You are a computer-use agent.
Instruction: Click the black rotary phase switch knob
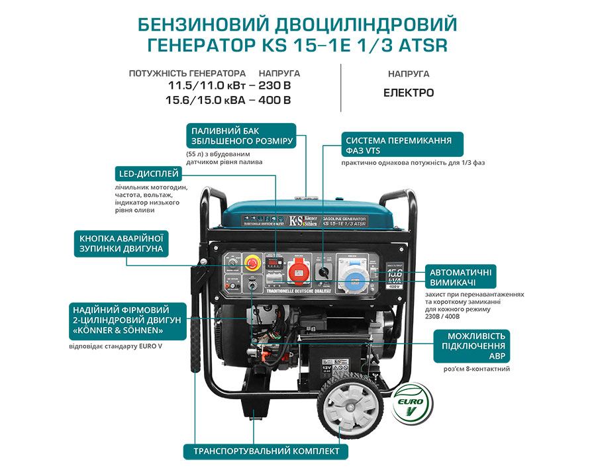323,271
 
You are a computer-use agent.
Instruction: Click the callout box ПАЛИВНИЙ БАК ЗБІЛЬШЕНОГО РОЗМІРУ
240,135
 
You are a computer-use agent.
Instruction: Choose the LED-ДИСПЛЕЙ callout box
146,174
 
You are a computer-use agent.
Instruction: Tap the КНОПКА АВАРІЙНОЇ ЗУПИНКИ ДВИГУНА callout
121,244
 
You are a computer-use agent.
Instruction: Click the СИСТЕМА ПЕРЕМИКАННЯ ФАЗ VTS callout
402,145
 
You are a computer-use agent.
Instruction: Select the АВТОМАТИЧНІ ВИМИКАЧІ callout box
461,276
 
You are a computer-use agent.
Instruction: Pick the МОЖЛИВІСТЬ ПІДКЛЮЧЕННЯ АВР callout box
472,346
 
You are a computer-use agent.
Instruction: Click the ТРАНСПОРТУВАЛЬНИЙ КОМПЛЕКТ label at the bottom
266,451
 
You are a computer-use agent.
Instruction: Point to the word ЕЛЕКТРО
409,93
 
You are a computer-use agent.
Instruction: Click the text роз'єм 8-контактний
477,369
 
